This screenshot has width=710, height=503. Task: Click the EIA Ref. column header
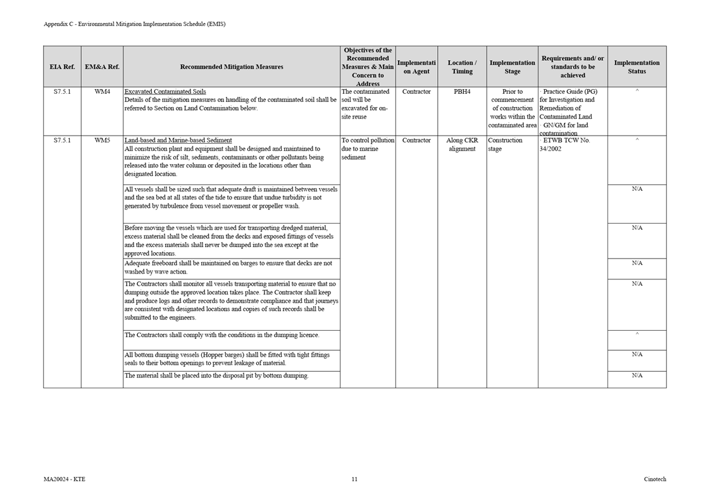[x=62, y=67]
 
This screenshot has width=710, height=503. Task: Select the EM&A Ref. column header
[x=102, y=67]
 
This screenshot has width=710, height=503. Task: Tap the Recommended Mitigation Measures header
[x=232, y=67]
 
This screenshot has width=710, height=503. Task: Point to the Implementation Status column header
[x=637, y=67]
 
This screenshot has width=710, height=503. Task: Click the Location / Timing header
[x=462, y=67]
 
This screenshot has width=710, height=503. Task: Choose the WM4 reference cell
[x=102, y=92]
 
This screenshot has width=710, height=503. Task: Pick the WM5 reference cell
[x=102, y=141]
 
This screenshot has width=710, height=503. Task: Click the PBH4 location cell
[x=462, y=92]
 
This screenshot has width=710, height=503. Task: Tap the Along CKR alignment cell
[x=462, y=144]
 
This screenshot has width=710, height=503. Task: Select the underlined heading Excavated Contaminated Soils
[x=165, y=92]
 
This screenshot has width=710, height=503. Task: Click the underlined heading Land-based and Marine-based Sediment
[x=178, y=141]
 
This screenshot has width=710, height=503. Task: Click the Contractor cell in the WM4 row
[x=416, y=92]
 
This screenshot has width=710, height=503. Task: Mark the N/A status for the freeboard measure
[x=637, y=263]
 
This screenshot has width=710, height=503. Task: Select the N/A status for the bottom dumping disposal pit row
[x=637, y=376]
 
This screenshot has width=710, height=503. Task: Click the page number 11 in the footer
[x=354, y=479]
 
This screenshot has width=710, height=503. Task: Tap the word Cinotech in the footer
[x=655, y=479]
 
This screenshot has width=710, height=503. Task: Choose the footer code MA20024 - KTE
[x=65, y=479]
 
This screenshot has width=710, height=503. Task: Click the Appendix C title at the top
[x=134, y=24]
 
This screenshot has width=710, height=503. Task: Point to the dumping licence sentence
[x=221, y=335]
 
